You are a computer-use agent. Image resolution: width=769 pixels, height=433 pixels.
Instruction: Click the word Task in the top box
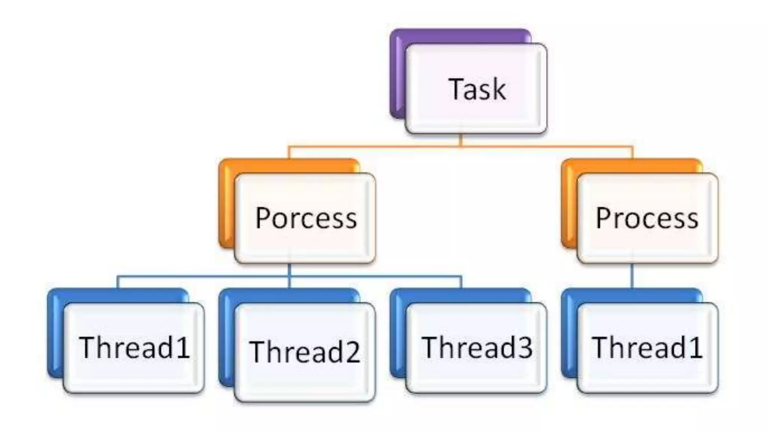click(x=477, y=89)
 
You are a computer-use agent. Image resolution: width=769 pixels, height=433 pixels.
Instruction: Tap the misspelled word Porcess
click(x=306, y=218)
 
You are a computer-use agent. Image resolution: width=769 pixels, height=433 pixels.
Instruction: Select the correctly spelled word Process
click(x=647, y=218)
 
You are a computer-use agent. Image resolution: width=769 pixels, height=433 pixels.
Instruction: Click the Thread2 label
click(x=305, y=352)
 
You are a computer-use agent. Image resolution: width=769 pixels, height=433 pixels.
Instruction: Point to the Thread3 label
click(x=477, y=347)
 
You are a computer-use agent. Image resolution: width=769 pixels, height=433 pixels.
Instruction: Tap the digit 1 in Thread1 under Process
click(x=695, y=347)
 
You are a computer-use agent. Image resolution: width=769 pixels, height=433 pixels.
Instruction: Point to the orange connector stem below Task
click(x=461, y=140)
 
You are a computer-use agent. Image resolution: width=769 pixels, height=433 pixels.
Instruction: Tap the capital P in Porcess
click(x=262, y=218)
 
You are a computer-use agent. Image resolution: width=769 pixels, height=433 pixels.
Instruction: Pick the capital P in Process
click(x=603, y=218)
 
